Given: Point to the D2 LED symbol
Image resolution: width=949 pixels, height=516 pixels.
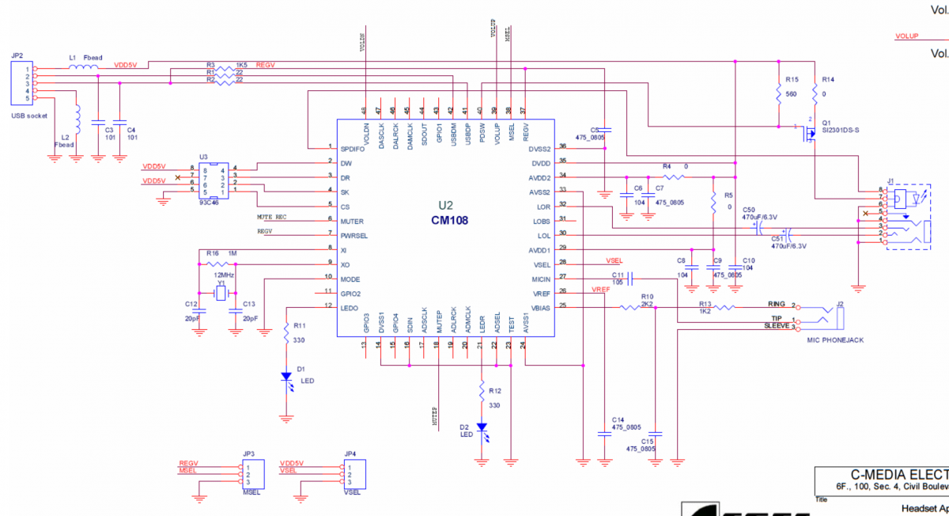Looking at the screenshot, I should (x=482, y=430).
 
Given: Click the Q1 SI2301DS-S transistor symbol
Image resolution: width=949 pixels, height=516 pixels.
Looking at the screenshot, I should (x=808, y=132).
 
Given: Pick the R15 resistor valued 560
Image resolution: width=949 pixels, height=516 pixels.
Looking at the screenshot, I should (x=779, y=93).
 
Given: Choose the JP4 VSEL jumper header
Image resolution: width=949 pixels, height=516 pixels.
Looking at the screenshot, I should (x=351, y=474).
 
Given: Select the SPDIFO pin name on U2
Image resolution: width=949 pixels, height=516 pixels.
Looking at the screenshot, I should (x=354, y=148).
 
